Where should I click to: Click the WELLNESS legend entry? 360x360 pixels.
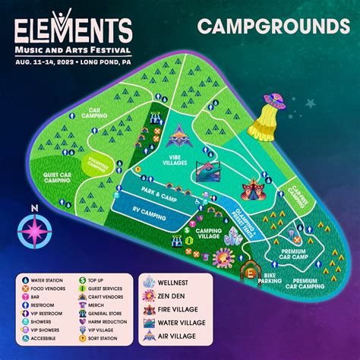tap(213, 283)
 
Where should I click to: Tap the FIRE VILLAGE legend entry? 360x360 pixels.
tap(217, 311)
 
